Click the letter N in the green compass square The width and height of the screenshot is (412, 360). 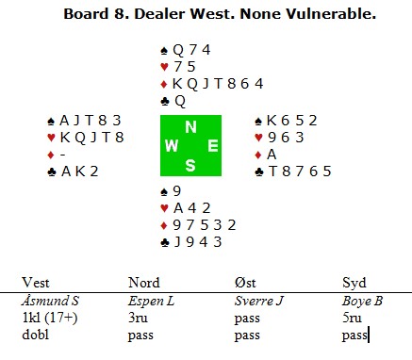tap(190, 127)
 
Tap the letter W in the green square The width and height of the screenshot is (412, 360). tap(172, 146)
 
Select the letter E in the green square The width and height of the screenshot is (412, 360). tap(213, 146)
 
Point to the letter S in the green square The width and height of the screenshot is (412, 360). tap(190, 165)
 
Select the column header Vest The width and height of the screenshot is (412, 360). tap(36, 283)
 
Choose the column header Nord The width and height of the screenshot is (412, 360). tap(144, 283)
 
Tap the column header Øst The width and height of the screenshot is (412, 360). tap(245, 283)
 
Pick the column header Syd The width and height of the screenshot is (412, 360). tap(354, 283)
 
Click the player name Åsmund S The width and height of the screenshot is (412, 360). tap(50, 301)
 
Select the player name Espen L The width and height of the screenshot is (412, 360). tap(151, 301)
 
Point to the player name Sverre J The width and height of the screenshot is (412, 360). tap(259, 301)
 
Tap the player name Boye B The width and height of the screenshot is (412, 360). tap(362, 301)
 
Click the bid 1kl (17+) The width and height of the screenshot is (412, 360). tap(50, 318)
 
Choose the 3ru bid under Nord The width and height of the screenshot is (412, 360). tap(138, 318)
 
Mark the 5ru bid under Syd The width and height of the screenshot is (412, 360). tap(352, 318)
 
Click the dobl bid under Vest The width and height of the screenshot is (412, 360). tap(35, 335)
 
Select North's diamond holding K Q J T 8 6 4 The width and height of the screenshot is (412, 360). tap(218, 84)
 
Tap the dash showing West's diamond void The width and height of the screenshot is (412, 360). tap(63, 155)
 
